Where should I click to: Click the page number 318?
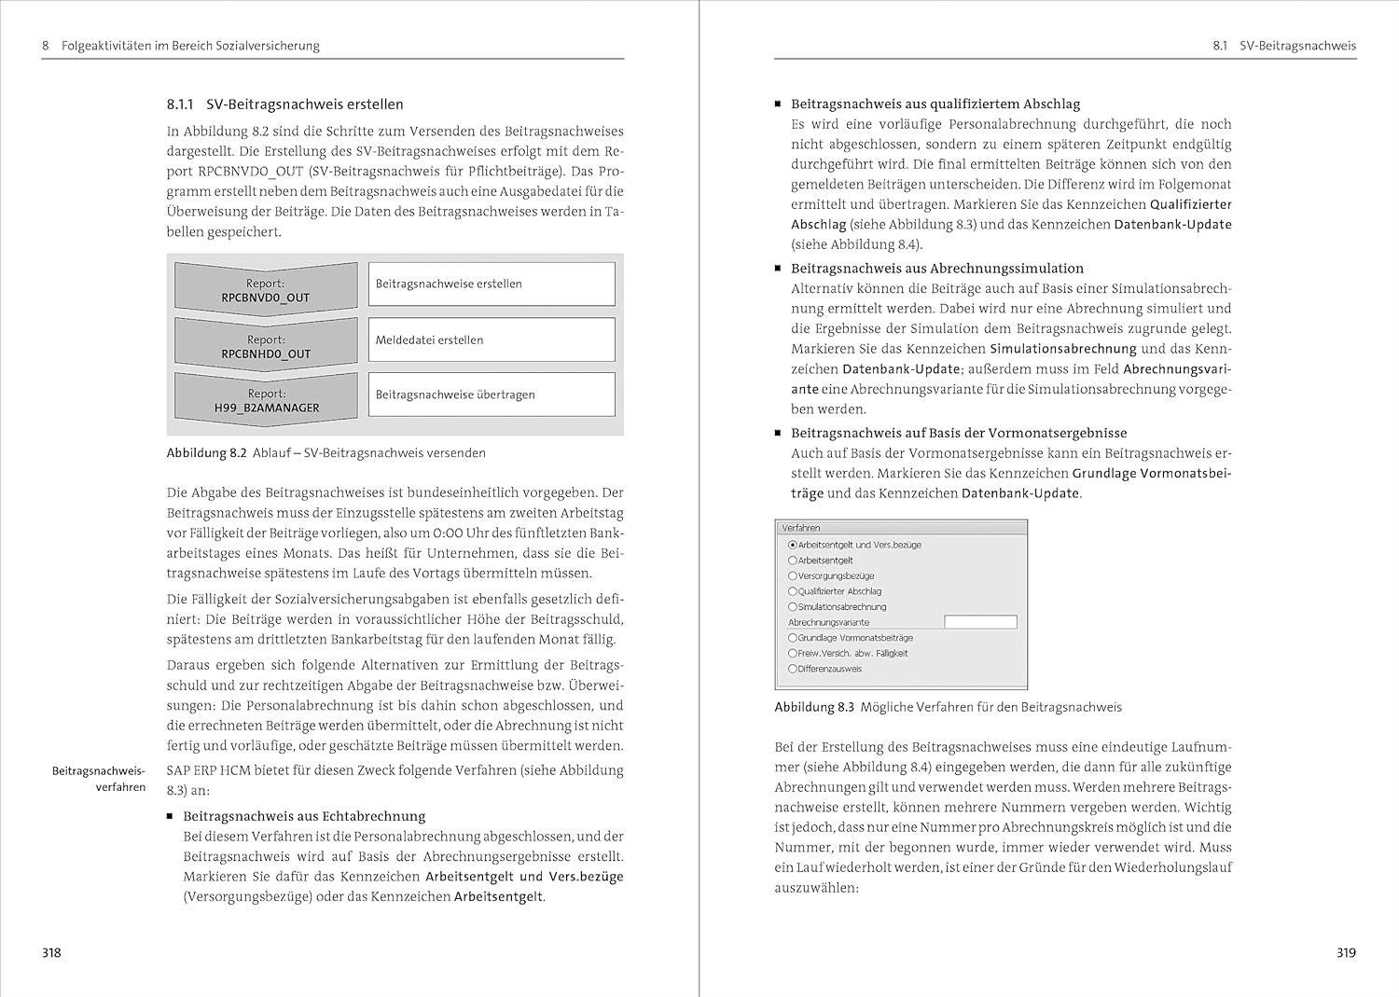coord(51,952)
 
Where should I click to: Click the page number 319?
coord(1346,952)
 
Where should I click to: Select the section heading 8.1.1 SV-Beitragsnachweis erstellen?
coord(284,104)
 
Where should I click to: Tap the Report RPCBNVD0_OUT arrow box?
coord(266,289)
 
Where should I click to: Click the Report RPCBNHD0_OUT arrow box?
coord(266,346)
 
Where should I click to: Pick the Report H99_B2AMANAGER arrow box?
coord(266,400)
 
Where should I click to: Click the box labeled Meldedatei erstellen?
coord(492,339)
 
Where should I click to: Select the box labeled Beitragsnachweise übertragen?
coord(492,395)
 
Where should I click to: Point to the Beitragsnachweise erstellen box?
coord(492,284)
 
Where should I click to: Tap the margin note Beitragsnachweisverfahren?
coord(99,779)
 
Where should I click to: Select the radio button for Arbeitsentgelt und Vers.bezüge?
coord(793,545)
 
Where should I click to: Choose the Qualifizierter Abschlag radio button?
coord(793,591)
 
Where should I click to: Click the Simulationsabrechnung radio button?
coord(793,607)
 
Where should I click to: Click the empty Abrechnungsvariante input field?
coord(980,622)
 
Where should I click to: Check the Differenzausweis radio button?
coord(793,669)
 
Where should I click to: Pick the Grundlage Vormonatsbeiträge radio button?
coord(793,638)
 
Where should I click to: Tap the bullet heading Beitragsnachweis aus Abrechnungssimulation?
coord(937,269)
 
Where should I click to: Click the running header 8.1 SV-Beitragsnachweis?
coord(1284,45)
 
